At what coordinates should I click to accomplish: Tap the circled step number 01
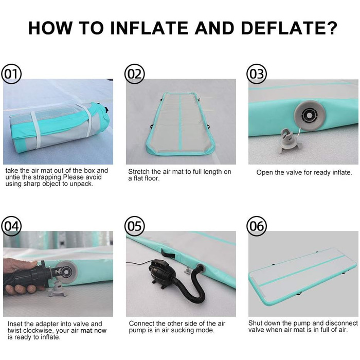pos(11,74)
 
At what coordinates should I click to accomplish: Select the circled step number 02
pos(135,74)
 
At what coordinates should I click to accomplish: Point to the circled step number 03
pos(257,74)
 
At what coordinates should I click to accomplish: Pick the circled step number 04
pos(11,226)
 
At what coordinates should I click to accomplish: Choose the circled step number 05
pos(135,226)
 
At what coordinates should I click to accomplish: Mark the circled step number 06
pos(257,226)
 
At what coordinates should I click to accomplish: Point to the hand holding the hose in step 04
pos(20,278)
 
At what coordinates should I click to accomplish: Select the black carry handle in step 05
pos(168,253)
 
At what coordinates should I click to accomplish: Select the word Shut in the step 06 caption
pos(255,323)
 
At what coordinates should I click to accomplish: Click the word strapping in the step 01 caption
pos(47,177)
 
